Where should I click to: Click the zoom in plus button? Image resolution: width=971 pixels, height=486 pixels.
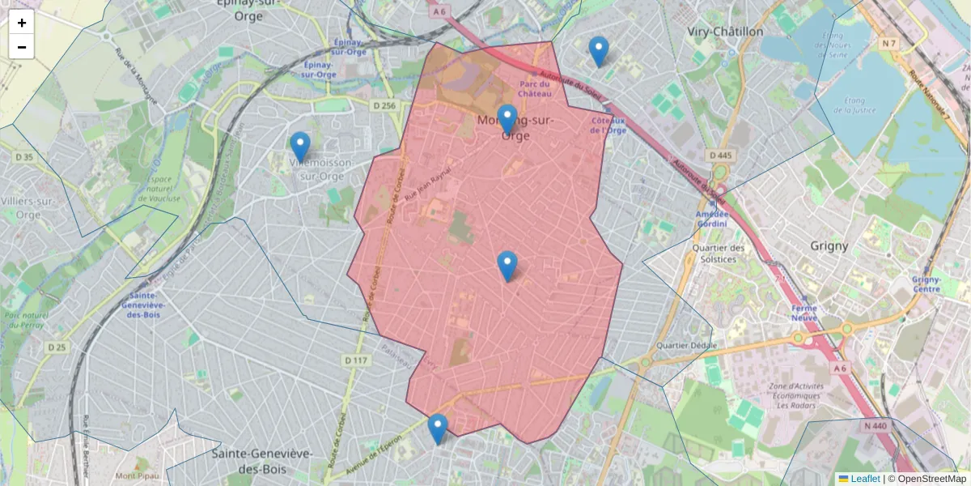tap(22, 23)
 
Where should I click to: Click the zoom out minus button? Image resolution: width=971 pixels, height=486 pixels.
tap(22, 47)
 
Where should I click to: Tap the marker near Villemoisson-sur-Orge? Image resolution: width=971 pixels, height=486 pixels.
tap(300, 147)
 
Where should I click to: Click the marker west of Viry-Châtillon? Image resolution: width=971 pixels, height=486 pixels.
tap(599, 51)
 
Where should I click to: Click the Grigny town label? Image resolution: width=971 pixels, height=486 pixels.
tap(829, 245)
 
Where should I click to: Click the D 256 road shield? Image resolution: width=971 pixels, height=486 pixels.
tap(384, 105)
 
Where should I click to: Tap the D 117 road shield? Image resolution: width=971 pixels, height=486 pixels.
tap(356, 360)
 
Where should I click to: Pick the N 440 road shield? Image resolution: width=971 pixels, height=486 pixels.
tap(876, 425)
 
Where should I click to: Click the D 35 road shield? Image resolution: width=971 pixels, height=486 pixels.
tap(24, 156)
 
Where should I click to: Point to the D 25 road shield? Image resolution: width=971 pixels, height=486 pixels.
tap(56, 347)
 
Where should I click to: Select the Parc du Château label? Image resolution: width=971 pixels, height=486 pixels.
tap(535, 88)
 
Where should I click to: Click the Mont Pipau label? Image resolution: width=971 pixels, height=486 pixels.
tap(136, 475)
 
